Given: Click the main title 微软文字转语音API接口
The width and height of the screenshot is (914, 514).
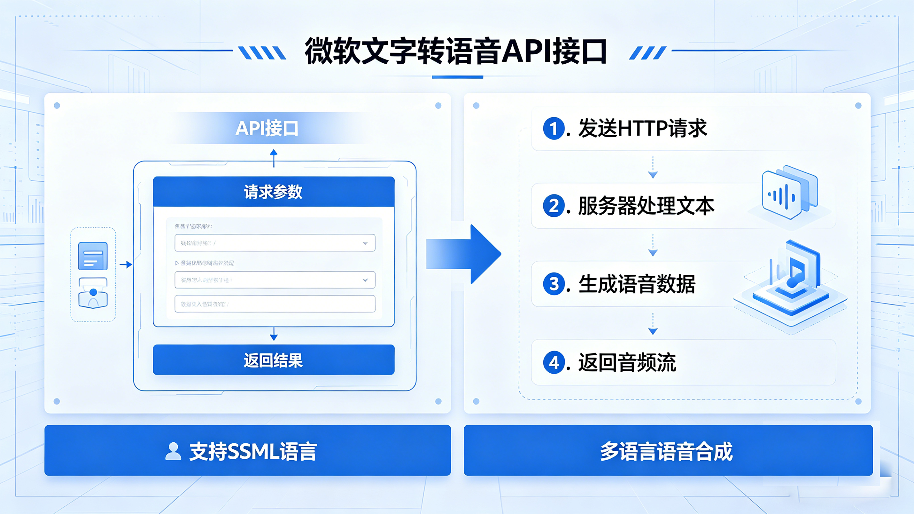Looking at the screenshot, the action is [x=456, y=52].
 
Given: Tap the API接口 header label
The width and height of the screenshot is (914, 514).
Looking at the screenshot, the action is [x=267, y=129].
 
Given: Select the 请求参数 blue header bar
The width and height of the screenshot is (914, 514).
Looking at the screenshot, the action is [x=274, y=192].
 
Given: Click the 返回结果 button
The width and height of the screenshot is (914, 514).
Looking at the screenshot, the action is [x=274, y=360].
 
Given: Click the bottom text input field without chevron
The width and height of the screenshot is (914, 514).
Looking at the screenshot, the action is [x=275, y=304].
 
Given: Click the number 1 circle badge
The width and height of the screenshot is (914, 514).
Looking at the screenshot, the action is [x=554, y=129].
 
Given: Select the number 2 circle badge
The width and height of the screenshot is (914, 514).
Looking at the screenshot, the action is [x=554, y=206].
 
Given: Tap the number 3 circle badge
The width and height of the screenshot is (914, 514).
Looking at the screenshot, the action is [x=554, y=284].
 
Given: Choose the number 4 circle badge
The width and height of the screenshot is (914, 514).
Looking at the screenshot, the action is [x=554, y=362].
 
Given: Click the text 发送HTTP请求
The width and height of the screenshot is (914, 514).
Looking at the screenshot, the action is [x=642, y=129].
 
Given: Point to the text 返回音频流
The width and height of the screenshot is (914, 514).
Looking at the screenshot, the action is [x=627, y=362].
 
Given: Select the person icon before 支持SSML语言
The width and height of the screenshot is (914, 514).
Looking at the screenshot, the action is [x=173, y=451].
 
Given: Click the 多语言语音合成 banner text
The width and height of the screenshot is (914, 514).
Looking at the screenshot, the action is [x=666, y=451].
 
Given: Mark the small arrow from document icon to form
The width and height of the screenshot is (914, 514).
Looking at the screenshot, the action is [x=126, y=265].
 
